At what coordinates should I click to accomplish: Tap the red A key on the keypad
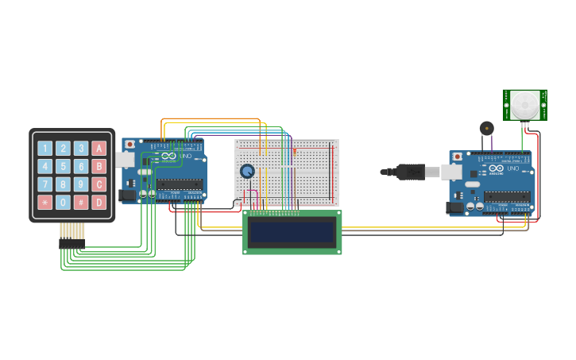99,148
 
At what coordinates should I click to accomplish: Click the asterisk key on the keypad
44,202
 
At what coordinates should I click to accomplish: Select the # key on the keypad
81,202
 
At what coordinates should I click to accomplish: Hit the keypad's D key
99,202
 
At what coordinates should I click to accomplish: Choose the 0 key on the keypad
63,202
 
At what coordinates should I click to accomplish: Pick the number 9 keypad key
81,184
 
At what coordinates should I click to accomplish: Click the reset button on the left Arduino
130,145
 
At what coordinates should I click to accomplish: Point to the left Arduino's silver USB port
125,160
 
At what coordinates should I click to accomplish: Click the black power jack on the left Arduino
126,195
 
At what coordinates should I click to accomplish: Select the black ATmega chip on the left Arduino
179,185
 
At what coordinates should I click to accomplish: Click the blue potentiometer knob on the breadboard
247,171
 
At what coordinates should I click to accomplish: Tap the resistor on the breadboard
295,150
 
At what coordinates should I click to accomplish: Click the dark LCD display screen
292,232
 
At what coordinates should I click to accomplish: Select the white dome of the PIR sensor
524,104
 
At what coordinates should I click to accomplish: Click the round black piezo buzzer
485,128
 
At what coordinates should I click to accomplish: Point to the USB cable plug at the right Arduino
413,171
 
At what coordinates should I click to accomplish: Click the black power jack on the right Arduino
454,207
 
